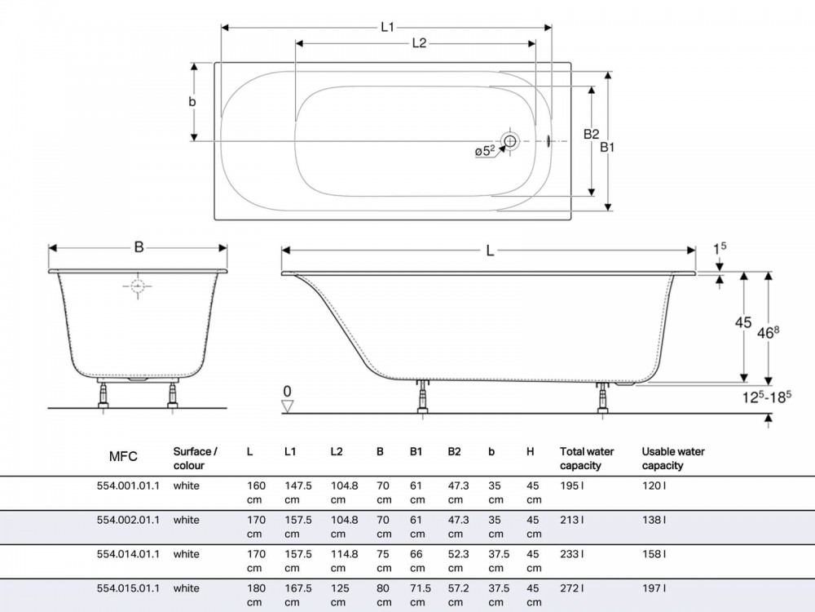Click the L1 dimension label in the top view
point(387,27)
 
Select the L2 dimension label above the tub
point(419,43)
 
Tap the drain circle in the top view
point(510,140)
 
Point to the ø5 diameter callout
point(485,151)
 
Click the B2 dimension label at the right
point(591,135)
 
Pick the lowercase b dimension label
point(192,101)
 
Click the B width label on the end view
point(139,246)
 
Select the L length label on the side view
point(490,251)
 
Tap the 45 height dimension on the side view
point(743,322)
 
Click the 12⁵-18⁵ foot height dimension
point(767,397)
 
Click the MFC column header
point(123,456)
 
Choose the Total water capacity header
point(587,459)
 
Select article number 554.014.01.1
point(129,554)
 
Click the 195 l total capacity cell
point(572,486)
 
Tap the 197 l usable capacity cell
point(654,588)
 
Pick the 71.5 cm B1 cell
point(420,595)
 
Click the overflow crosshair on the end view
point(138,286)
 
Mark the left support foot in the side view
point(424,398)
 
